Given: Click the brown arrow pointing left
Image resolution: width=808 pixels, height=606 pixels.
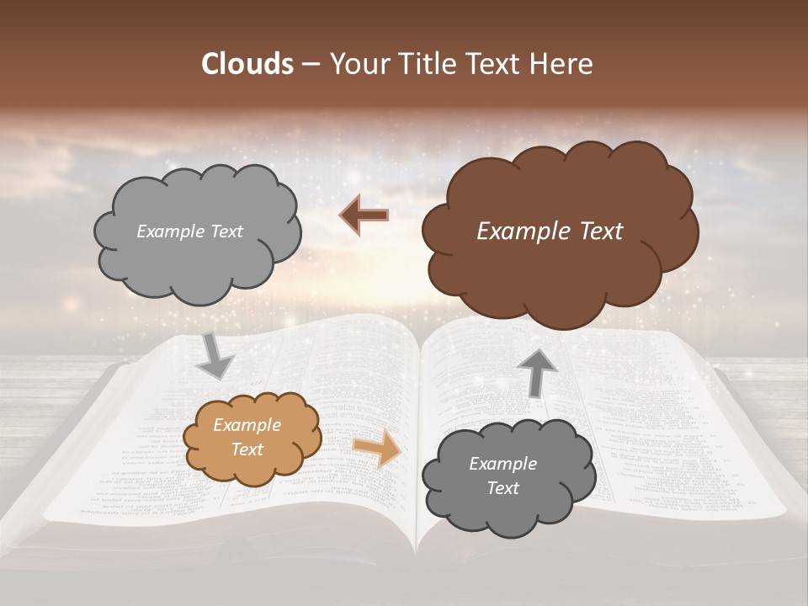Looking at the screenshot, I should coord(364,216).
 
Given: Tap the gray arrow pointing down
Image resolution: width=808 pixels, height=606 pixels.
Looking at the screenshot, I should coord(215,355).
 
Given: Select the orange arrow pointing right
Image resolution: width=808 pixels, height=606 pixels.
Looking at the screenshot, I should coord(377,450).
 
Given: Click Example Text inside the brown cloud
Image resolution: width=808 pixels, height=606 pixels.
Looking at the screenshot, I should coord(550,231).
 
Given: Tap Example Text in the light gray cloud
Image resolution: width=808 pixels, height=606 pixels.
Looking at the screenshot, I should coord(189,231).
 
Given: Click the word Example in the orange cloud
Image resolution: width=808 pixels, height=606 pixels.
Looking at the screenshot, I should coord(247,425).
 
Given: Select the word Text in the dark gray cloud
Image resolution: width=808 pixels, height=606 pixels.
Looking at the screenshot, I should coord(502,488).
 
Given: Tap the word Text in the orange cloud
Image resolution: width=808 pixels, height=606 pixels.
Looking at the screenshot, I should coord(247,449).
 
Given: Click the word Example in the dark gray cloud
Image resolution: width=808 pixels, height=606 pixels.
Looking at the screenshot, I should coord(502,464).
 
